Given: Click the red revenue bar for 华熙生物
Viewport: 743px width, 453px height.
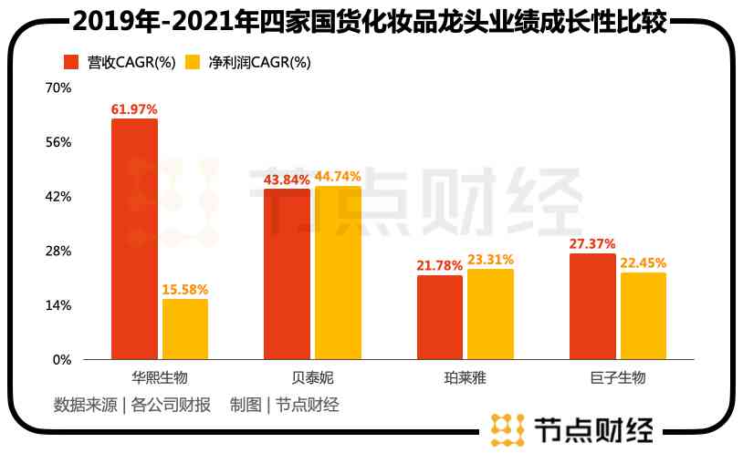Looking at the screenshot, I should coord(134,239).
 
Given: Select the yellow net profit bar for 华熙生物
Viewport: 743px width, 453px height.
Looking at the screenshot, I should coord(184,329).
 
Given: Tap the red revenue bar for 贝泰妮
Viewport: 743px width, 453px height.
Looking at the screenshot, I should coord(287,273).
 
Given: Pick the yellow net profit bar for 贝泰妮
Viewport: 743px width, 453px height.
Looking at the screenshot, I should coord(338,273).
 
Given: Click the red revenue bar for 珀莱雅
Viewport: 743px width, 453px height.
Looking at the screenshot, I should coord(440,317).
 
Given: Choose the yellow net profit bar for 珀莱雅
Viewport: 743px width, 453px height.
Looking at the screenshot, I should coord(490,314).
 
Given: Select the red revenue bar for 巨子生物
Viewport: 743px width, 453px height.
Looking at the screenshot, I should coord(592,306).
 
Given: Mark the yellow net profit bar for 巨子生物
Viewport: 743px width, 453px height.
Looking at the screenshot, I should coord(643,315).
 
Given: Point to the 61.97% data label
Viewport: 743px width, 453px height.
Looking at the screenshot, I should coord(134,109).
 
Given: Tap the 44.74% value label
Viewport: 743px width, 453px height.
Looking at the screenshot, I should coord(338,177).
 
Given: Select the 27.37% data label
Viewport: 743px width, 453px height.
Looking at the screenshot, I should coord(592,244).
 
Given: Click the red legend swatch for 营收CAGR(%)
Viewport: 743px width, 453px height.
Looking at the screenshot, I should coord(70,62).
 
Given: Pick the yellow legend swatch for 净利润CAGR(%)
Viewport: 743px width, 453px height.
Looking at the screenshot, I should coord(193,62).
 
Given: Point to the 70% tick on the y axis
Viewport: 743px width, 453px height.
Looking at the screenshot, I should coord(58,88).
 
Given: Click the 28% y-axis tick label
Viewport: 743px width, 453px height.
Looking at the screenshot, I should coord(58,251).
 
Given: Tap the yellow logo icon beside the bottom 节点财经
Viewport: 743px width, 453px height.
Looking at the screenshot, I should coord(507,428).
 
